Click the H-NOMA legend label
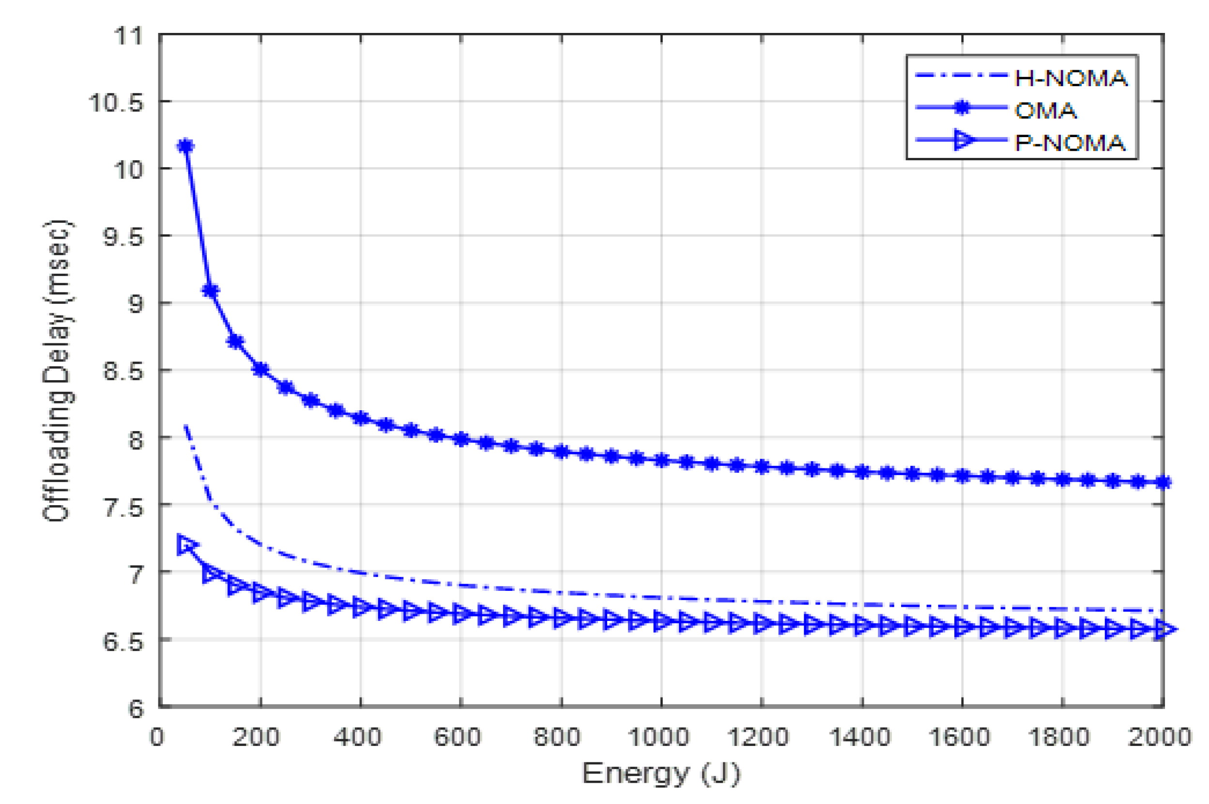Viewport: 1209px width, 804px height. pyautogui.click(x=1071, y=78)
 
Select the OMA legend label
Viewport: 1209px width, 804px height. pyautogui.click(x=1045, y=110)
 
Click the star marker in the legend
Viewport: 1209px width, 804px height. pyautogui.click(x=962, y=108)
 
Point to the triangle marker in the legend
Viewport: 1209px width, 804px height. pyautogui.click(x=964, y=140)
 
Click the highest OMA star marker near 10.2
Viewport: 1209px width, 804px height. pyautogui.click(x=185, y=146)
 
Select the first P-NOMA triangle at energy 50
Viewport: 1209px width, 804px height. pyautogui.click(x=185, y=544)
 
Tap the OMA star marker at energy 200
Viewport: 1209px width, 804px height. pyautogui.click(x=260, y=369)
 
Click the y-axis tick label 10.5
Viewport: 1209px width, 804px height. pyautogui.click(x=116, y=103)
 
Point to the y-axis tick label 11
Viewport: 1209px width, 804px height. pyautogui.click(x=128, y=36)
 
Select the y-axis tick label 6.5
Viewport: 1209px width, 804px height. pyautogui.click(x=122, y=641)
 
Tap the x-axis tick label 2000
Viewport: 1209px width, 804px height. pyautogui.click(x=1159, y=737)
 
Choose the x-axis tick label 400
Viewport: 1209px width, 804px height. pyautogui.click(x=358, y=737)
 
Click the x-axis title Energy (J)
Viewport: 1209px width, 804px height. pyautogui.click(x=661, y=773)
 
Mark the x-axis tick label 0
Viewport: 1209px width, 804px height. pyautogui.click(x=157, y=737)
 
